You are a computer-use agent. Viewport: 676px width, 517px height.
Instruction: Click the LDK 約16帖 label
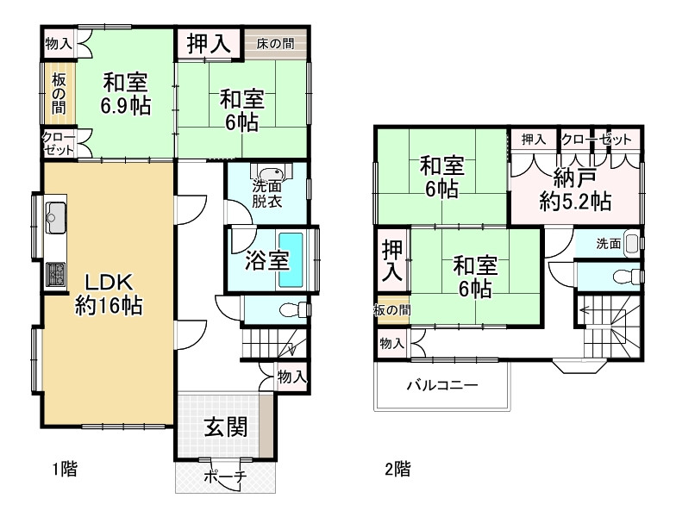click(x=109, y=293)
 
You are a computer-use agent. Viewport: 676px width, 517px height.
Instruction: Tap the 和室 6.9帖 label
click(x=126, y=94)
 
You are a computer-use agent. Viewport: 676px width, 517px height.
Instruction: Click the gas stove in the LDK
click(x=56, y=275)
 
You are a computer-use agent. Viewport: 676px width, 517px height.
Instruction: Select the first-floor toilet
click(x=294, y=308)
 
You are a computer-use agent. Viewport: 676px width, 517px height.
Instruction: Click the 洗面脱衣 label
click(x=266, y=195)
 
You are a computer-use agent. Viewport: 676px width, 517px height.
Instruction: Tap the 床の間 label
click(x=275, y=42)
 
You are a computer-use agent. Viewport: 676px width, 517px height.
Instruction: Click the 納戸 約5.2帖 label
click(x=576, y=191)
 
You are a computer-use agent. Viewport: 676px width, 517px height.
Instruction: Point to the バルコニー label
click(x=441, y=385)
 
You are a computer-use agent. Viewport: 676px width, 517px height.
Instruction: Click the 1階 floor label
click(x=63, y=470)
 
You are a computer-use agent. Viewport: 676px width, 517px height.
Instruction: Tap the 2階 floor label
click(x=397, y=470)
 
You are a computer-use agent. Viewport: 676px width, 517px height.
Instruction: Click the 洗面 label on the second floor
click(x=608, y=244)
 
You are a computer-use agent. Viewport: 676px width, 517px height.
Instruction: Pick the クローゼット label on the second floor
click(x=596, y=139)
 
